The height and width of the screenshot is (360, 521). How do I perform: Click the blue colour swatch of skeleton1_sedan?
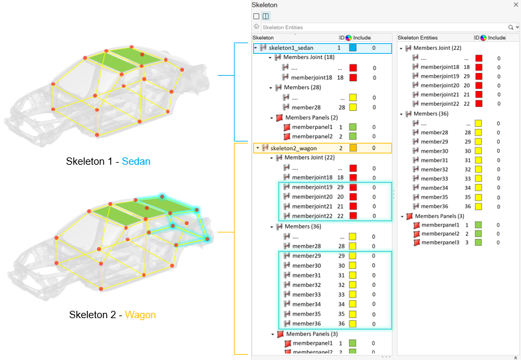pyautogui.click(x=353, y=48)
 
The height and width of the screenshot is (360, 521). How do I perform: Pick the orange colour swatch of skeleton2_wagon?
pyautogui.click(x=353, y=148)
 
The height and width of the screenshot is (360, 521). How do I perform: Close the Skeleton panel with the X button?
pyautogui.click(x=516, y=5)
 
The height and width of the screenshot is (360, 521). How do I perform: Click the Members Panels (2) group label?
pyautogui.click(x=310, y=118)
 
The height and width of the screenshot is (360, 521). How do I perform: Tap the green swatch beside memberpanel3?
pyautogui.click(x=478, y=242)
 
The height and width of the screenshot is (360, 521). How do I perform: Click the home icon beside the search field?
pyautogui.click(x=256, y=27)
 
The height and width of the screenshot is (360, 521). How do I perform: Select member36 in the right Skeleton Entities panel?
pyautogui.click(x=435, y=206)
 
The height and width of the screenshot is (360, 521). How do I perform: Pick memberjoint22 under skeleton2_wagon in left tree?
pyautogui.click(x=312, y=216)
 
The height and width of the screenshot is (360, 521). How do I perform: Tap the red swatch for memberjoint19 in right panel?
pyautogui.click(x=478, y=76)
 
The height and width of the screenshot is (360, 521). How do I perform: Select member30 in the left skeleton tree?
pyautogui.click(x=306, y=266)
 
